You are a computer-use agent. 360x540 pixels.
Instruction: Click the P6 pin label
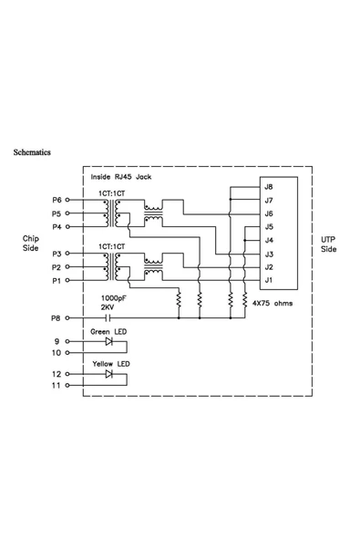[x=57, y=200]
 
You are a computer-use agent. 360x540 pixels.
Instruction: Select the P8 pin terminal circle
[x=67, y=317]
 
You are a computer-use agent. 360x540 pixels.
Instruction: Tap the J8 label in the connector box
[x=269, y=187]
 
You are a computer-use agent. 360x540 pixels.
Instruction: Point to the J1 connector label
[x=269, y=280]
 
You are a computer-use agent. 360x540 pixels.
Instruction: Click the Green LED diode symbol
[x=108, y=342]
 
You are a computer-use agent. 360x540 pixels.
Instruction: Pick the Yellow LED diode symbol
[x=108, y=374]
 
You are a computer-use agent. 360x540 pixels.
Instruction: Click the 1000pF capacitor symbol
[x=108, y=317]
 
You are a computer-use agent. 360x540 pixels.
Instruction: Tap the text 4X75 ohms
[x=273, y=304]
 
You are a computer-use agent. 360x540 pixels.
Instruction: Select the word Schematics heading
[x=32, y=152]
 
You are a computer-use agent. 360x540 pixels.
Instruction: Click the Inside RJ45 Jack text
[x=121, y=177]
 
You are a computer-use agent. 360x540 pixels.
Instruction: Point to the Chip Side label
[x=31, y=244]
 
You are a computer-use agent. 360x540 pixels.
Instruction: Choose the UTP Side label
[x=329, y=244]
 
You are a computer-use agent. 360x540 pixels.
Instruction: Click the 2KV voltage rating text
[x=108, y=307]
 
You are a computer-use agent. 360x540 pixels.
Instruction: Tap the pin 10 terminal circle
[x=67, y=353]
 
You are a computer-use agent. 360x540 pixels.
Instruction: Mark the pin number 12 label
[x=57, y=374]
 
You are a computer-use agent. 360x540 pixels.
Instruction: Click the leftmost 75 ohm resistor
[x=179, y=299]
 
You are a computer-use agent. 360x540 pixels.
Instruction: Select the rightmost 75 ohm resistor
[x=244, y=299]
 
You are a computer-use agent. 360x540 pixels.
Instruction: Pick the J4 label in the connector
[x=269, y=240]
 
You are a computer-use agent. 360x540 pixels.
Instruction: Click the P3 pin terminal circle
[x=67, y=254]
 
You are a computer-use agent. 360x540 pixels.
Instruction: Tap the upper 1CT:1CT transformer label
[x=112, y=193]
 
